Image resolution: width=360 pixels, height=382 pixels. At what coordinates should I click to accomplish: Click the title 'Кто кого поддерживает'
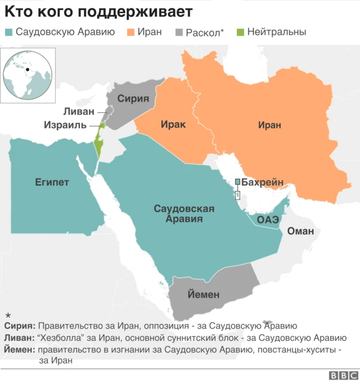(x=99, y=12)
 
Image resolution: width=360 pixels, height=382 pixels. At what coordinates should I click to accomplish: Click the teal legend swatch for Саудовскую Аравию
(x=8, y=32)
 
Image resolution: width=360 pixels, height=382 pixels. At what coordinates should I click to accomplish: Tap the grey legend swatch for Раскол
(x=180, y=32)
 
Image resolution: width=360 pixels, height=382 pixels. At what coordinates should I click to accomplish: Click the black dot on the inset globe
(x=27, y=70)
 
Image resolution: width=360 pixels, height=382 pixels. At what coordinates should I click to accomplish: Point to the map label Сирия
(x=133, y=99)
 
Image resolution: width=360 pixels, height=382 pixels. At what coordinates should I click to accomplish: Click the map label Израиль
(x=66, y=124)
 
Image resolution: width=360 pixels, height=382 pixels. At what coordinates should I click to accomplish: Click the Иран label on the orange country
(x=269, y=125)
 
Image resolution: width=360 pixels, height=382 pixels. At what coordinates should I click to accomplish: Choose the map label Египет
(x=52, y=182)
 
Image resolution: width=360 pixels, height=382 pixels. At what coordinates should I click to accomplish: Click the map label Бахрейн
(x=265, y=182)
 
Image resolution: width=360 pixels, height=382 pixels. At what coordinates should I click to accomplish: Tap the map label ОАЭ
(x=268, y=219)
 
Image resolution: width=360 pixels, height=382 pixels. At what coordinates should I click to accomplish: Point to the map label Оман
(x=300, y=231)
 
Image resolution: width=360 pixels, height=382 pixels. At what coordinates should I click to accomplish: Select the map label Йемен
(x=203, y=294)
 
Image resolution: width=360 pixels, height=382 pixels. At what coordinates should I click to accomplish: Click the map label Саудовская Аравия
(x=184, y=213)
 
